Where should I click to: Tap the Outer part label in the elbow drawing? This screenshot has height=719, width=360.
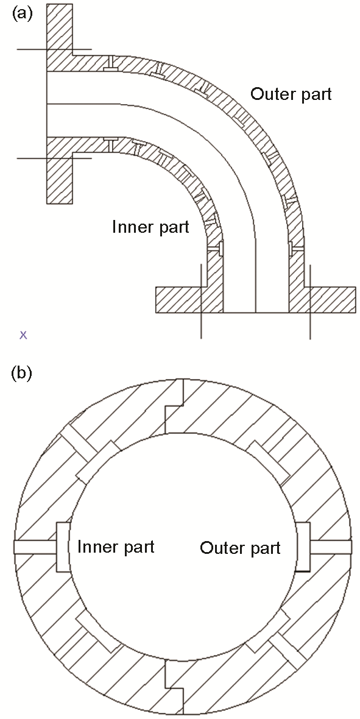pos(291,94)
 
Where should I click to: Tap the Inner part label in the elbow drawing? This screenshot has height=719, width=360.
pos(150,227)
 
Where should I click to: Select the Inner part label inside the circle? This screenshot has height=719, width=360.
pos(116,547)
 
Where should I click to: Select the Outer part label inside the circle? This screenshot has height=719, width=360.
pos(240,548)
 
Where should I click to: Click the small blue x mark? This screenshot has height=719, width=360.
pos(23,335)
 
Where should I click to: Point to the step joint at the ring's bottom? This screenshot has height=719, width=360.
pos(174,687)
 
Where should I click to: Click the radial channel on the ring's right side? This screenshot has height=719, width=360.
pos(331,547)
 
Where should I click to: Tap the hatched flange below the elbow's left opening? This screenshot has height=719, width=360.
pos(59,177)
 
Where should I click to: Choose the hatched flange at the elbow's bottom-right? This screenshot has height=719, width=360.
pos(332,299)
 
